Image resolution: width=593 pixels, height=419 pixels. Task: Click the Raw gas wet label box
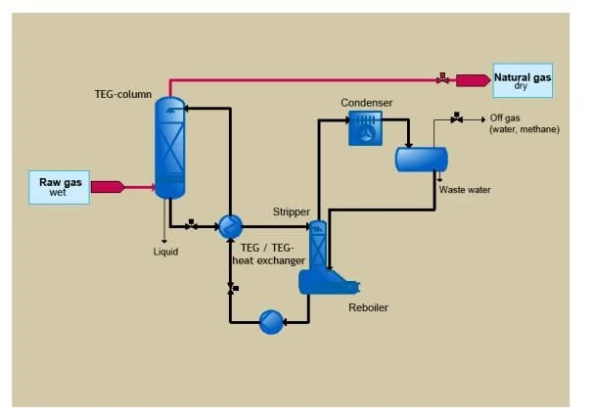(60, 187)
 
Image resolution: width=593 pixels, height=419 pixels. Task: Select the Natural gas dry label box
(523, 80)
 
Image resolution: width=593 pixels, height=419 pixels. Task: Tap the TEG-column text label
(123, 94)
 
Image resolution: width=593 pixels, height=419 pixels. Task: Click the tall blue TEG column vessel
(170, 148)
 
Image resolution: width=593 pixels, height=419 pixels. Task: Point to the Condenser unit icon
(365, 128)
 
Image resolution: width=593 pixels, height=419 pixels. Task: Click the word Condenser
(366, 103)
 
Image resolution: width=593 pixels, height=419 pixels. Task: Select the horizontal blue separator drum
(422, 160)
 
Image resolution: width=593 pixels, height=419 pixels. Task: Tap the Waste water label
(465, 190)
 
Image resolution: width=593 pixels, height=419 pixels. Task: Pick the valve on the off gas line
(456, 118)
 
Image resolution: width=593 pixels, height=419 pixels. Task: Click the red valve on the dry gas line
(442, 78)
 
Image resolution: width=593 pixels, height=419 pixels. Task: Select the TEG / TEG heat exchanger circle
(230, 227)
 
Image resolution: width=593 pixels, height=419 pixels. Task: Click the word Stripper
(292, 212)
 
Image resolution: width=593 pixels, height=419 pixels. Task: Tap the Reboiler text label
(368, 307)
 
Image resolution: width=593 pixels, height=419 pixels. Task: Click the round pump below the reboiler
(271, 322)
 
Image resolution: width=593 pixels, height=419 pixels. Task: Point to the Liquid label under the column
(165, 252)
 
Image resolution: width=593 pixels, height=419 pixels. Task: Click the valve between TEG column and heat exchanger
(191, 225)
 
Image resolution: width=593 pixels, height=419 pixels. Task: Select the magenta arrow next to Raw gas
(108, 187)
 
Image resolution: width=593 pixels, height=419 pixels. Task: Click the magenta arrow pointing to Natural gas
(473, 80)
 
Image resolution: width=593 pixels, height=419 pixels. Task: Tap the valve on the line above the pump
(232, 288)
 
